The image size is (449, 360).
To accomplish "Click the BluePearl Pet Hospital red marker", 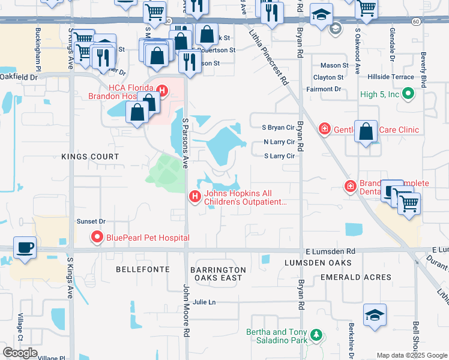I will pyautogui.click(x=98, y=238).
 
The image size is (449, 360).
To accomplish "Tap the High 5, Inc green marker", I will pyautogui.click(x=408, y=94).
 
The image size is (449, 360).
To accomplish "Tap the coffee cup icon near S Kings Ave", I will pyautogui.click(x=25, y=248).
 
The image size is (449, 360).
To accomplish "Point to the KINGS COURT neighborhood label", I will pyautogui.click(x=90, y=157).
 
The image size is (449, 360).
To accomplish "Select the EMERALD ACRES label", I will pyautogui.click(x=356, y=277).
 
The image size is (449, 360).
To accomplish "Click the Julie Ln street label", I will pyautogui.click(x=204, y=302).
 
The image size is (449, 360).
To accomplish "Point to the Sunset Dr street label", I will pyautogui.click(x=91, y=221).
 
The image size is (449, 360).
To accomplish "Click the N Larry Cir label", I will pyautogui.click(x=280, y=142).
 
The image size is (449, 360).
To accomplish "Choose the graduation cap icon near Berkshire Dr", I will pyautogui.click(x=375, y=315).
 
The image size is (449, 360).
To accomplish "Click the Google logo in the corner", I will pyautogui.click(x=20, y=353).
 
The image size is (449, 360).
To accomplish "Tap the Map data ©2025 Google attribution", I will pyautogui.click(x=411, y=355).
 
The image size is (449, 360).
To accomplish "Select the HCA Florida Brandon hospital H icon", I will pyautogui.click(x=161, y=91).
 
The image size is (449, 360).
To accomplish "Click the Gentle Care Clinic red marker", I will pyautogui.click(x=325, y=129).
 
